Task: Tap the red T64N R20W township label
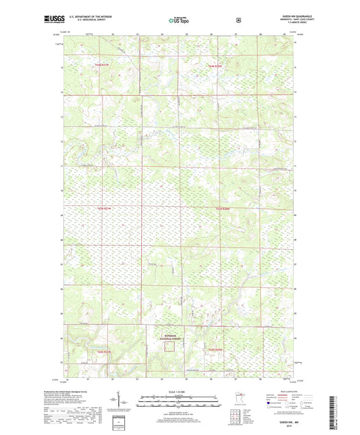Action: click(215, 66)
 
